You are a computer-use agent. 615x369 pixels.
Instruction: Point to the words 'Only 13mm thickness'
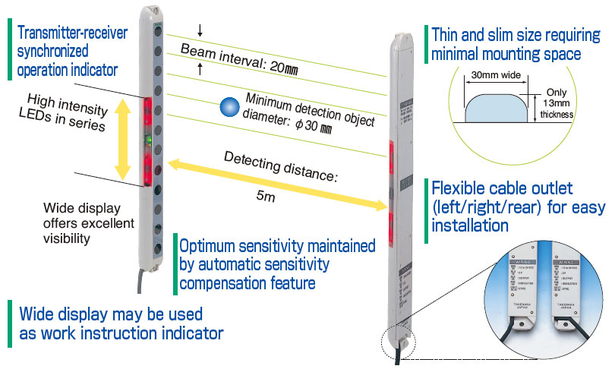557,102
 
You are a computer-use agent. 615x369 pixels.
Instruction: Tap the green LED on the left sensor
150,140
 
